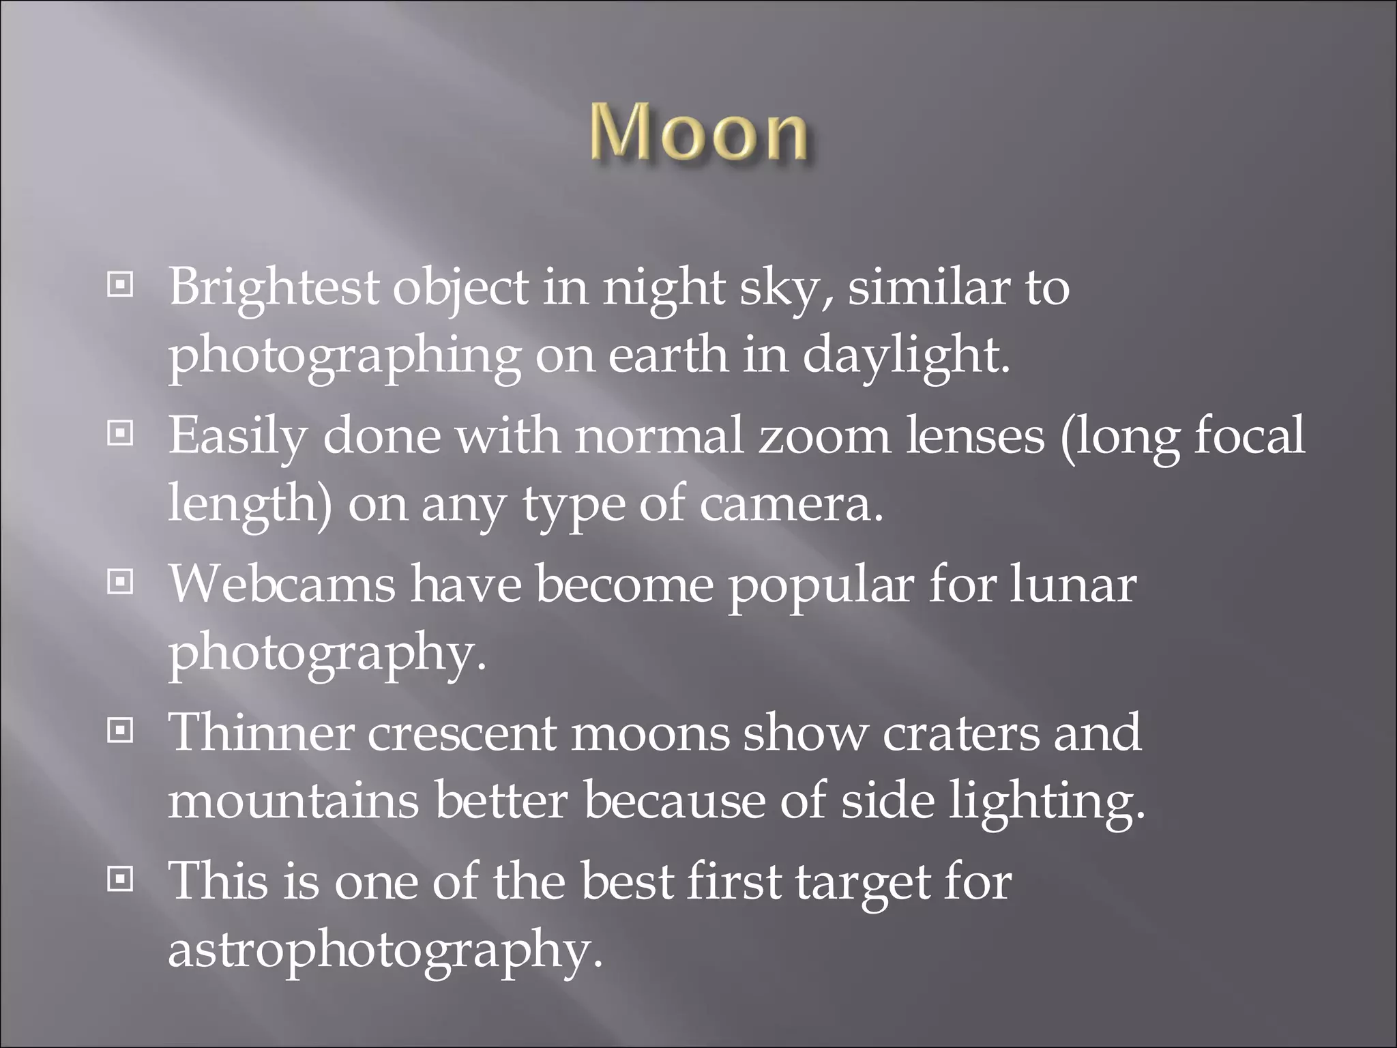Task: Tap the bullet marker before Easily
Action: pos(121,433)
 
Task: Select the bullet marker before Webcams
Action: pos(121,582)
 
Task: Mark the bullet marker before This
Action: pos(121,880)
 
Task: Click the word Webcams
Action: pos(282,585)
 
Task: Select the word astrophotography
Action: pos(385,950)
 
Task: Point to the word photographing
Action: pos(344,356)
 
